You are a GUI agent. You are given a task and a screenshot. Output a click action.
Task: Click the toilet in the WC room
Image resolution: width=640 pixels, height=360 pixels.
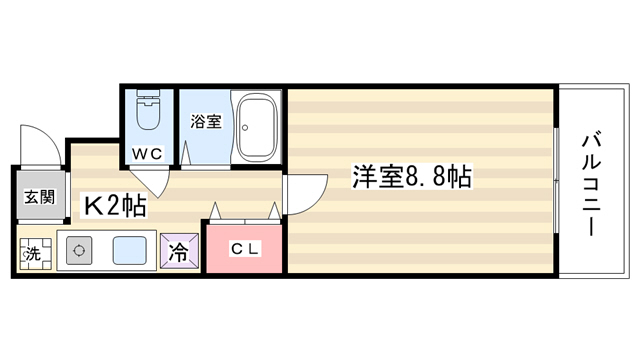coord(148,109)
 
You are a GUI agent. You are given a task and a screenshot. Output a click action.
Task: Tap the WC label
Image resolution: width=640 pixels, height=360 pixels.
coord(147,154)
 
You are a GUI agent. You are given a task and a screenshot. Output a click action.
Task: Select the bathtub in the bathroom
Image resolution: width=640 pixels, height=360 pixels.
coord(257,127)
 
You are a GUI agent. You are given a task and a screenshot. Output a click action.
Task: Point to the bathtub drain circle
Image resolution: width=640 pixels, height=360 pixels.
coord(245,127)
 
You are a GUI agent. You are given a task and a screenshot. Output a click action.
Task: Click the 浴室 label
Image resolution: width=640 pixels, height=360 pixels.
coord(206,121)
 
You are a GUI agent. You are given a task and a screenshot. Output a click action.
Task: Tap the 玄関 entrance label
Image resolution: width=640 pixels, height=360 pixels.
coord(40,197)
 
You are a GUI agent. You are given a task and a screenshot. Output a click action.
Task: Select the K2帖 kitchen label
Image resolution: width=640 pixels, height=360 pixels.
coord(115,205)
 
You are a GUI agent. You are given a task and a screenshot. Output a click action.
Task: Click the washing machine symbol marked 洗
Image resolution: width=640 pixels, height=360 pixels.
coord(36,254)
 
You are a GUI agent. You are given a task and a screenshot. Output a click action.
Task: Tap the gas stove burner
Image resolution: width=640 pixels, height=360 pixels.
coord(79,250)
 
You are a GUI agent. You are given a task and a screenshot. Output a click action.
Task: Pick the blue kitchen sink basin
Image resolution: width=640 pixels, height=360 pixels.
coord(129,250)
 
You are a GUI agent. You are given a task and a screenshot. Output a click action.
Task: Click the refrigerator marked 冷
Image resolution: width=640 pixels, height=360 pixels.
coord(179,251)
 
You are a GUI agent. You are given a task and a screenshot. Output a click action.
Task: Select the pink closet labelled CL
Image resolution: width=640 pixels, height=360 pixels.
coord(244,248)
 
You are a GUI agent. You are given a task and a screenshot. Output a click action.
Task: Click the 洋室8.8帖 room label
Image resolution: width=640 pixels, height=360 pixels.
coord(412,176)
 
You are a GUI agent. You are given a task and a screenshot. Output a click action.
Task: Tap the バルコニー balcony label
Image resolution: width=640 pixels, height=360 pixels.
coord(591,185)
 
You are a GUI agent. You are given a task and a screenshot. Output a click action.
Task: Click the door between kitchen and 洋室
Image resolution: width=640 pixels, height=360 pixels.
coord(305,194)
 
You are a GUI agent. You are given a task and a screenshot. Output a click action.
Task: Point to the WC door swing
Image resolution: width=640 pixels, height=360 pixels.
coord(152,181)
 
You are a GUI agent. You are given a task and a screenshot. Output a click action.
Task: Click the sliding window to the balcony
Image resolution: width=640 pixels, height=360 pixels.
coord(556,180)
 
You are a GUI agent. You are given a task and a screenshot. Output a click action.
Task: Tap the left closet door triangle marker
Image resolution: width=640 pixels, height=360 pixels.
coord(215,211)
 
